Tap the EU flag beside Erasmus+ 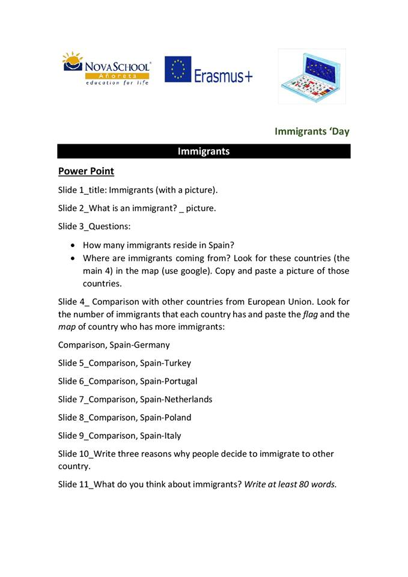[x=177, y=69]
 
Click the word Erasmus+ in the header [x=223, y=75]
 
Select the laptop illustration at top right [x=311, y=76]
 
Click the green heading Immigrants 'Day [x=311, y=131]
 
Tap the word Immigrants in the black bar [x=203, y=151]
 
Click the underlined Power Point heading [x=86, y=171]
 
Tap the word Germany [x=150, y=345]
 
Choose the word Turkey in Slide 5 [x=177, y=363]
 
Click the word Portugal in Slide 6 [x=180, y=381]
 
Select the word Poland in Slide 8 [x=178, y=417]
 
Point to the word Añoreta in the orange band [x=117, y=76]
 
